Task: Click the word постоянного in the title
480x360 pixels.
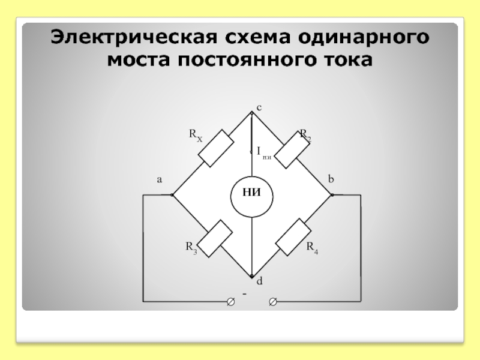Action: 251,61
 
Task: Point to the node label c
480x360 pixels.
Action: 259,107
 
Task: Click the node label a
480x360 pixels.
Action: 160,179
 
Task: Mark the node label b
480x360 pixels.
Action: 331,179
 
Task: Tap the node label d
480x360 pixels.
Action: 260,281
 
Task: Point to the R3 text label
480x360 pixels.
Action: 191,247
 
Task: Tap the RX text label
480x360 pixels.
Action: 196,135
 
